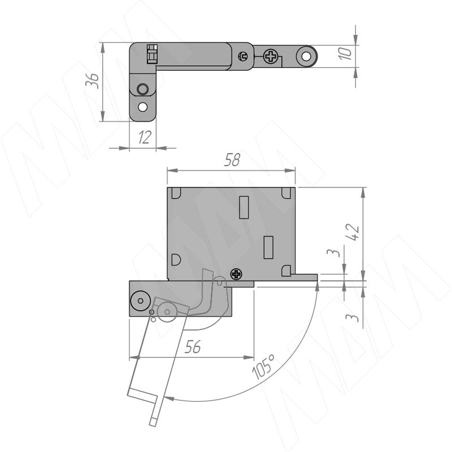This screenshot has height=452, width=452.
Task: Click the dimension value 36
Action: (x=92, y=81)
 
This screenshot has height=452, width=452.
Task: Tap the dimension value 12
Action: (x=145, y=137)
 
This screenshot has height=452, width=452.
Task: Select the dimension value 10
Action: (x=345, y=54)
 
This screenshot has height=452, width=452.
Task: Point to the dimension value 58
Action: (x=232, y=160)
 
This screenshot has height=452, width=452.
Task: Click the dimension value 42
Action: (x=353, y=232)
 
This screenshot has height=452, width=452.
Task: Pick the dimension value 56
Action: (x=193, y=347)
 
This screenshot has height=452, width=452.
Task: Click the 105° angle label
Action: (x=263, y=366)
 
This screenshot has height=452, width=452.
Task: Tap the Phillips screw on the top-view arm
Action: (x=271, y=56)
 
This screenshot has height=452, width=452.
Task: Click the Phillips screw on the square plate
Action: (x=236, y=274)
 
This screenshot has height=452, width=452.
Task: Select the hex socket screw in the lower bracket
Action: (x=140, y=301)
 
